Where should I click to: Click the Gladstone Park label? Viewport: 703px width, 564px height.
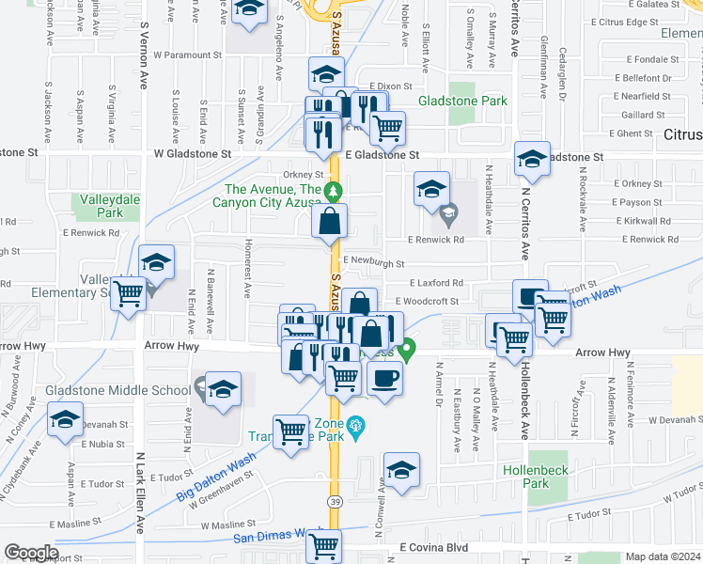[x=462, y=101]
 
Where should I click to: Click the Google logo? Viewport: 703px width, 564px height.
[x=31, y=553]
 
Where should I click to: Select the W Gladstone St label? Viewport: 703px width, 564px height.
[x=192, y=152]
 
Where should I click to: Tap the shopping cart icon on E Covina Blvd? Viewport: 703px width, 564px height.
[x=323, y=544]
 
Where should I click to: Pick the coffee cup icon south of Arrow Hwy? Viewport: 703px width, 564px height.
[x=383, y=379]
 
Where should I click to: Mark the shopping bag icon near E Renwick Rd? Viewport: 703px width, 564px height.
[x=330, y=222]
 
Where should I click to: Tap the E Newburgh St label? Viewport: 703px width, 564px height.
[x=373, y=263]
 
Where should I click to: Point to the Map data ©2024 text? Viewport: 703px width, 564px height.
[x=664, y=556]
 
